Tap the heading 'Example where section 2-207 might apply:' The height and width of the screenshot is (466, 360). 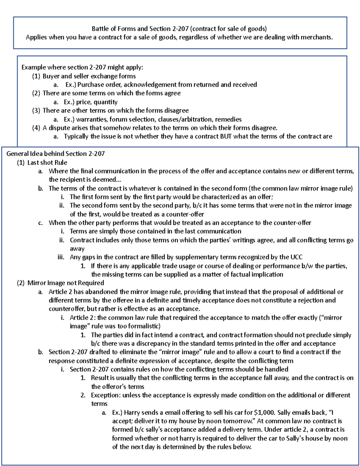[82, 67]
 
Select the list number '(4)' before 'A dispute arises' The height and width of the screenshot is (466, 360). [36, 128]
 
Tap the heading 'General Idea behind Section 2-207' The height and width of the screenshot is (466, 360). [55, 154]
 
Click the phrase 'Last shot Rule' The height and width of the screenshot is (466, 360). [47, 163]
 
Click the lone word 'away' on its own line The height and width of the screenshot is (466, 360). [77, 249]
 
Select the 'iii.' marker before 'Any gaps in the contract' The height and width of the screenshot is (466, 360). [61, 257]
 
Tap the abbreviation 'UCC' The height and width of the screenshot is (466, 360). [296, 257]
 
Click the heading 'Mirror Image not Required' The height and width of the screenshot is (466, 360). [66, 283]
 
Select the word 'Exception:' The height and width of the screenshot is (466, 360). [106, 395]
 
